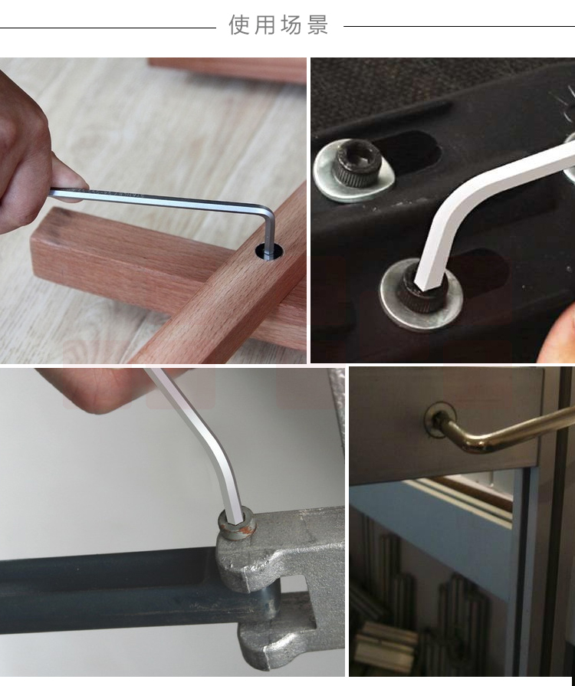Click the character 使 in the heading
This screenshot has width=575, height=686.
pyautogui.click(x=238, y=25)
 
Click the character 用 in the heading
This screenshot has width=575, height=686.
pyautogui.click(x=264, y=25)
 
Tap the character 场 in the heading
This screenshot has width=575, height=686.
pyautogui.click(x=291, y=25)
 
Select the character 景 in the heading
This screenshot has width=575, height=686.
pyautogui.click(x=317, y=25)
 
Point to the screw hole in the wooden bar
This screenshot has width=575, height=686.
pyautogui.click(x=269, y=251)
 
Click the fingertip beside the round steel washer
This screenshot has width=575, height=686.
pyautogui.click(x=559, y=337)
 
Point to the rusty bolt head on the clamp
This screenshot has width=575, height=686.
pyautogui.click(x=237, y=523)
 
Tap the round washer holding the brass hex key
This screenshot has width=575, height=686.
pyautogui.click(x=439, y=420)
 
